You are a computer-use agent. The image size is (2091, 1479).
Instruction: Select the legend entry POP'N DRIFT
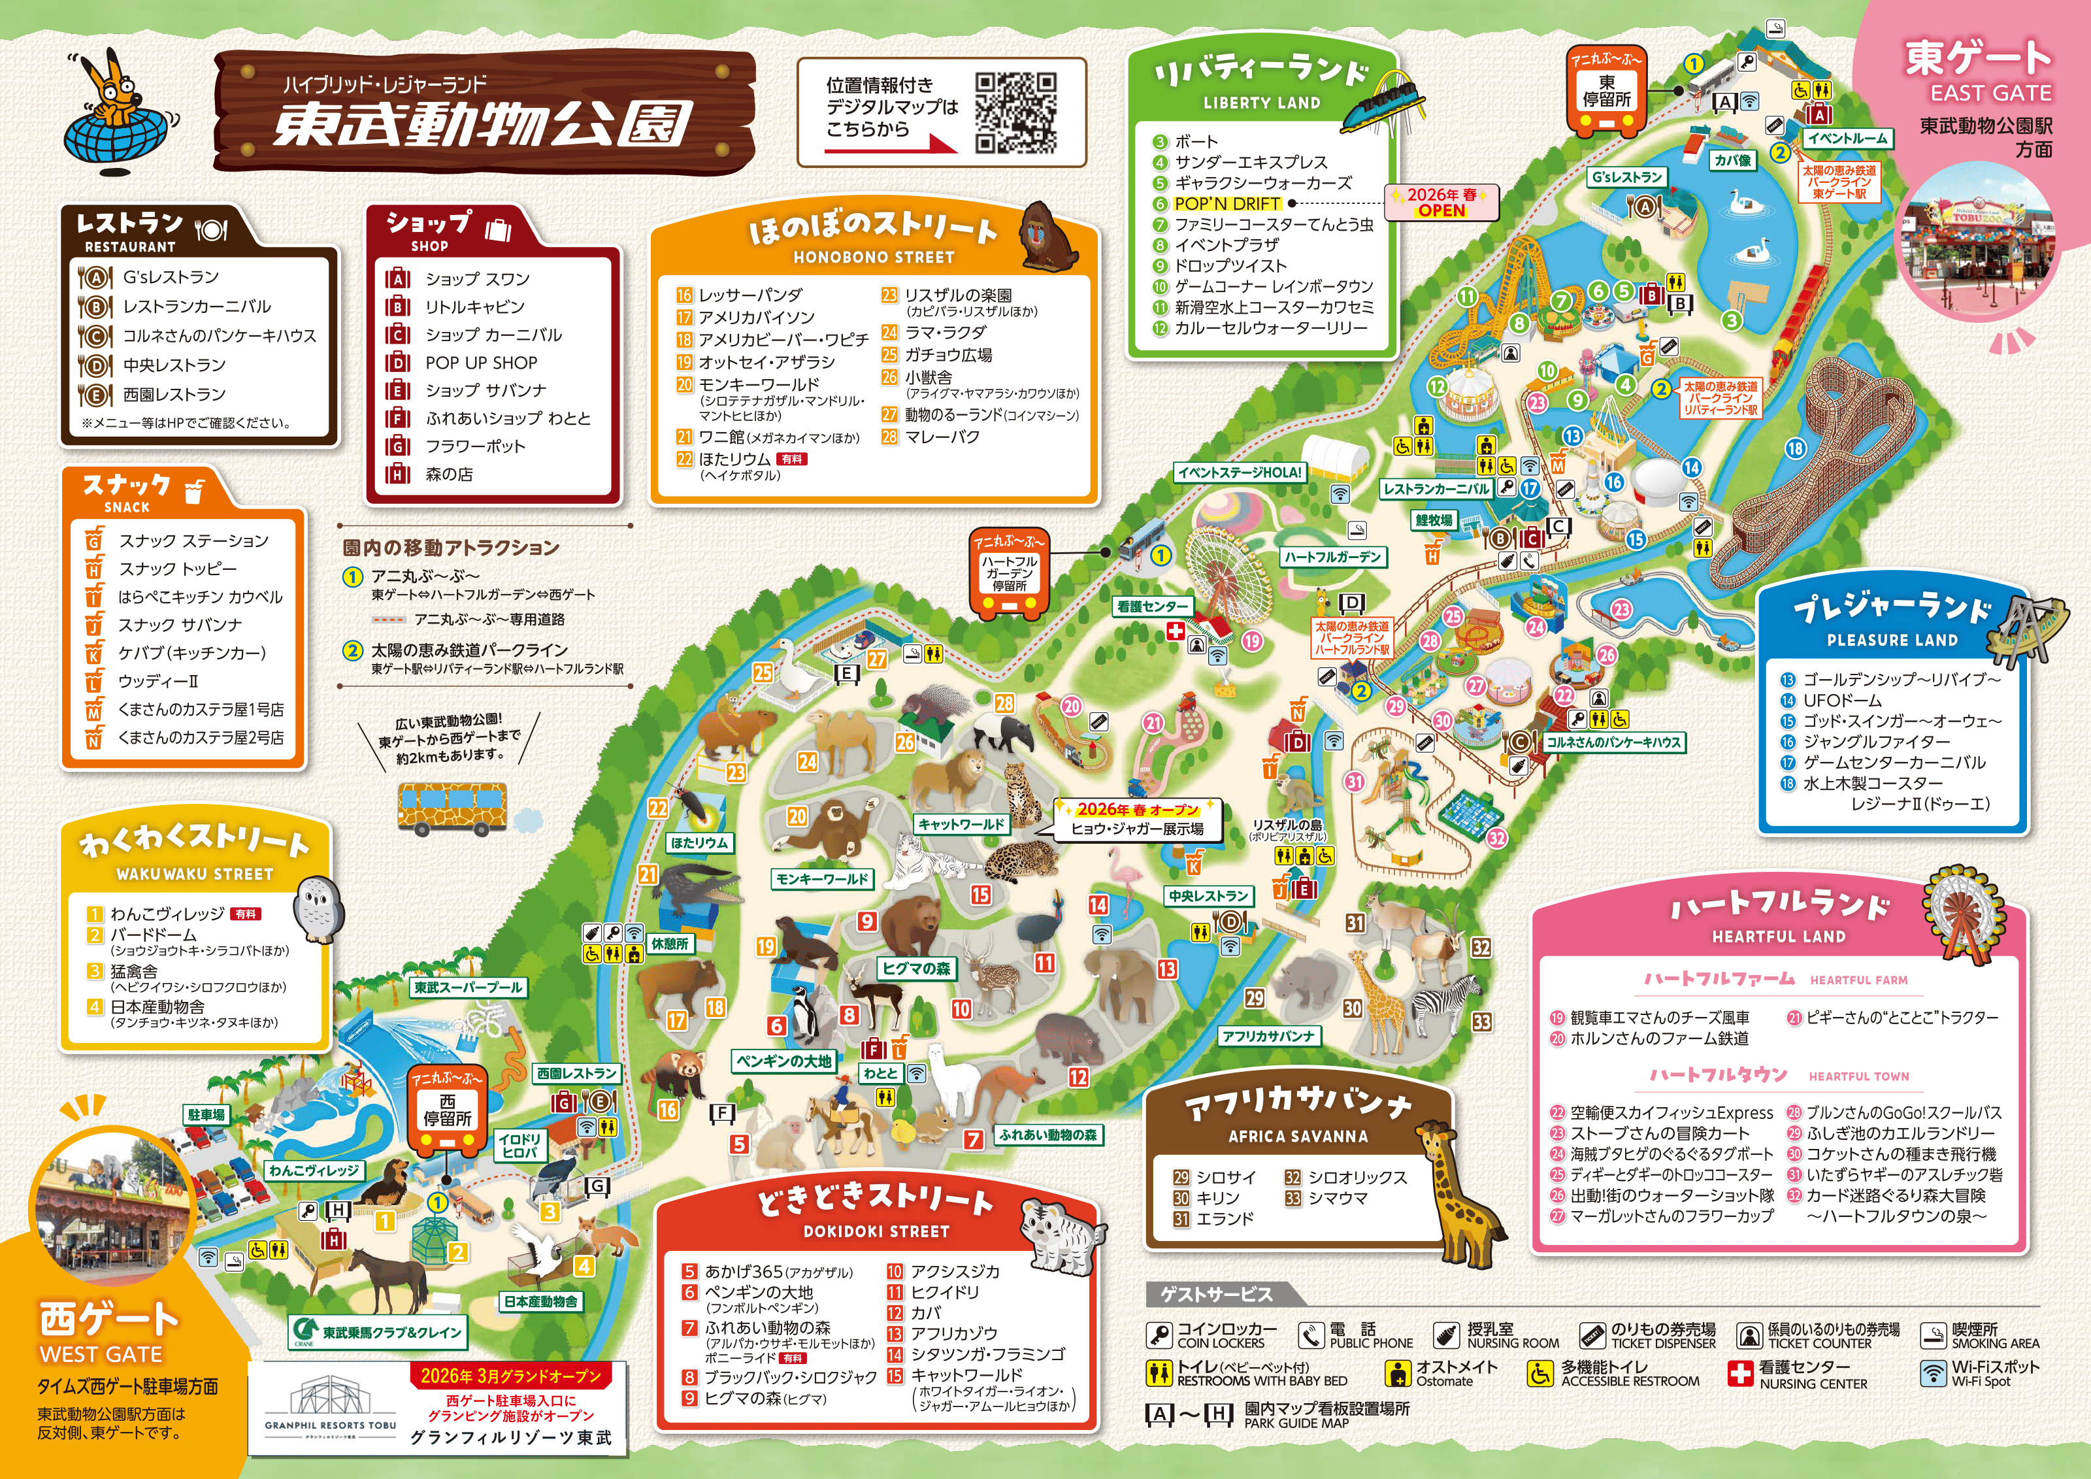click(x=1227, y=203)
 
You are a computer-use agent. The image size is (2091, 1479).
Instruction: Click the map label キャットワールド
click(x=961, y=824)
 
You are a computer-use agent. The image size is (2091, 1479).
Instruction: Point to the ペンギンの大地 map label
click(x=783, y=1061)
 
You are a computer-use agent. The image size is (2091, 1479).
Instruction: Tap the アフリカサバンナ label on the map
click(x=1268, y=1037)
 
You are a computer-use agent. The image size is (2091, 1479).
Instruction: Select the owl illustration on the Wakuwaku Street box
click(x=317, y=907)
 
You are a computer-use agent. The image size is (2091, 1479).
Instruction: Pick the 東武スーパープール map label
click(x=468, y=988)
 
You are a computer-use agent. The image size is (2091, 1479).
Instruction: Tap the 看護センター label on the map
click(x=1152, y=606)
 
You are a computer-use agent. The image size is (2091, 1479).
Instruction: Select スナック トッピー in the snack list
click(x=178, y=569)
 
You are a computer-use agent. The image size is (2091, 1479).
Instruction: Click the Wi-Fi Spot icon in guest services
click(x=1932, y=1372)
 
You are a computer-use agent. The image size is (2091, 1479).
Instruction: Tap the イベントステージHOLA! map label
click(x=1238, y=473)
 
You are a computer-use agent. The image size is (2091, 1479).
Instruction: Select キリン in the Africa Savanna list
click(x=1217, y=1197)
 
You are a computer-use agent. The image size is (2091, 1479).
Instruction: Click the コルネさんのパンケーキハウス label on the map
click(x=1614, y=742)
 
